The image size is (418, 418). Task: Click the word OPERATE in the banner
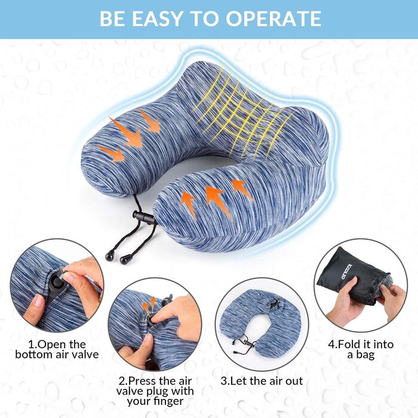click(x=273, y=19)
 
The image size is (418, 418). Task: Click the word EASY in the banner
click(x=157, y=19)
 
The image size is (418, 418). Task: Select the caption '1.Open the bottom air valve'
click(x=57, y=349)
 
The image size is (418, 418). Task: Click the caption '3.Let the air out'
click(x=262, y=381)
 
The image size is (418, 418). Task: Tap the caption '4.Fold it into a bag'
click(x=361, y=349)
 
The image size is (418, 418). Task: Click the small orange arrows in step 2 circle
click(x=149, y=306)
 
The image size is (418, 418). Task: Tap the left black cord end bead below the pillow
click(x=109, y=257)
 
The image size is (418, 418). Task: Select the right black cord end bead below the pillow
click(x=125, y=259)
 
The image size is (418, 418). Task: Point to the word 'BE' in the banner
click(x=113, y=19)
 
